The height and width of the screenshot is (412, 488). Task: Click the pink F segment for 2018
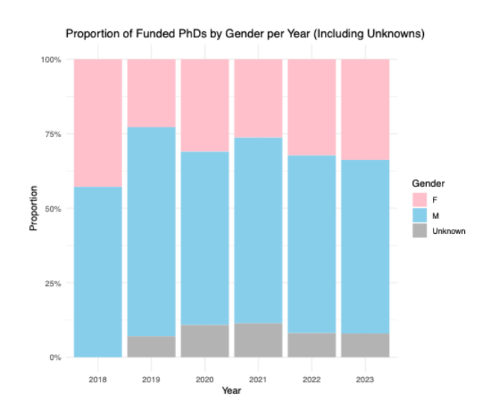[98, 123]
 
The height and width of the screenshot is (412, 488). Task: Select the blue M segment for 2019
[151, 232]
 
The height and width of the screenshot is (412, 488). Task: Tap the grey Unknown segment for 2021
[259, 340]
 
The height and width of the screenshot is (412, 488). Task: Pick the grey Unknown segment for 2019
[151, 346]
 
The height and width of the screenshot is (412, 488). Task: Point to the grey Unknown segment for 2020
[205, 340]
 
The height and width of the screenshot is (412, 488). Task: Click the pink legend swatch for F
[419, 199]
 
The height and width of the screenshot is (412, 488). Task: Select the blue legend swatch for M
[419, 215]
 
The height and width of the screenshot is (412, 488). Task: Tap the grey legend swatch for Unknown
[419, 231]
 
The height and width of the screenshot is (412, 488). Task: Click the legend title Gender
[428, 183]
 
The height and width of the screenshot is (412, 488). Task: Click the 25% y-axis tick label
[51, 283]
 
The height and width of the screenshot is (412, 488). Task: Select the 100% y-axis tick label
[50, 60]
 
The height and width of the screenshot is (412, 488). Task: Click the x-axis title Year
[232, 389]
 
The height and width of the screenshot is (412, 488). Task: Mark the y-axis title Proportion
[34, 209]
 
